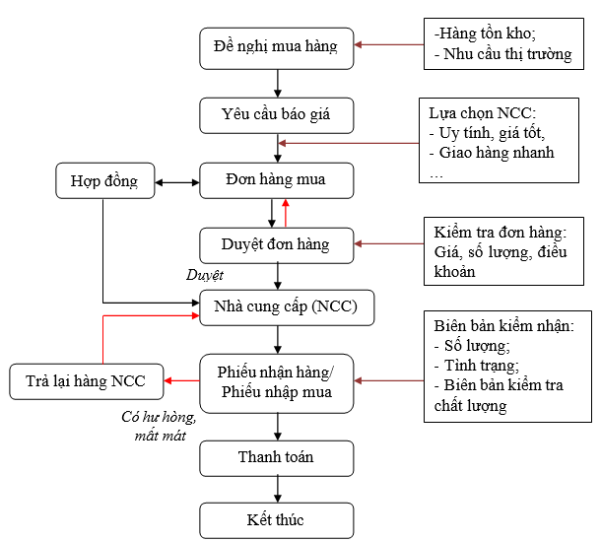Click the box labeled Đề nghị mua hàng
pyautogui.click(x=276, y=46)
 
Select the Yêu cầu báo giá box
pyautogui.click(x=276, y=115)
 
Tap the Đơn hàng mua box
pyautogui.click(x=276, y=180)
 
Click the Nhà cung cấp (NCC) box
pyautogui.click(x=279, y=308)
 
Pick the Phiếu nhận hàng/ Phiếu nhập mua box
pyautogui.click(x=276, y=381)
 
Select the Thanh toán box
pyautogui.click(x=276, y=457)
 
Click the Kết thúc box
pyautogui.click(x=276, y=519)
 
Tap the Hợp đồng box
pyautogui.click(x=103, y=181)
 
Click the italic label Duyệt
pyautogui.click(x=205, y=275)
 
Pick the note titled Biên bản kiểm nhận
pyautogui.click(x=505, y=365)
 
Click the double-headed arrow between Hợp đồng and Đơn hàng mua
pyautogui.click(x=177, y=182)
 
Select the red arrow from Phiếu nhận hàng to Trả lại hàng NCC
pyautogui.click(x=182, y=380)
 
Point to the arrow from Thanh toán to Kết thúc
pyautogui.click(x=277, y=489)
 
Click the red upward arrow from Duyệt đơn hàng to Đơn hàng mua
pyautogui.click(x=286, y=213)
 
